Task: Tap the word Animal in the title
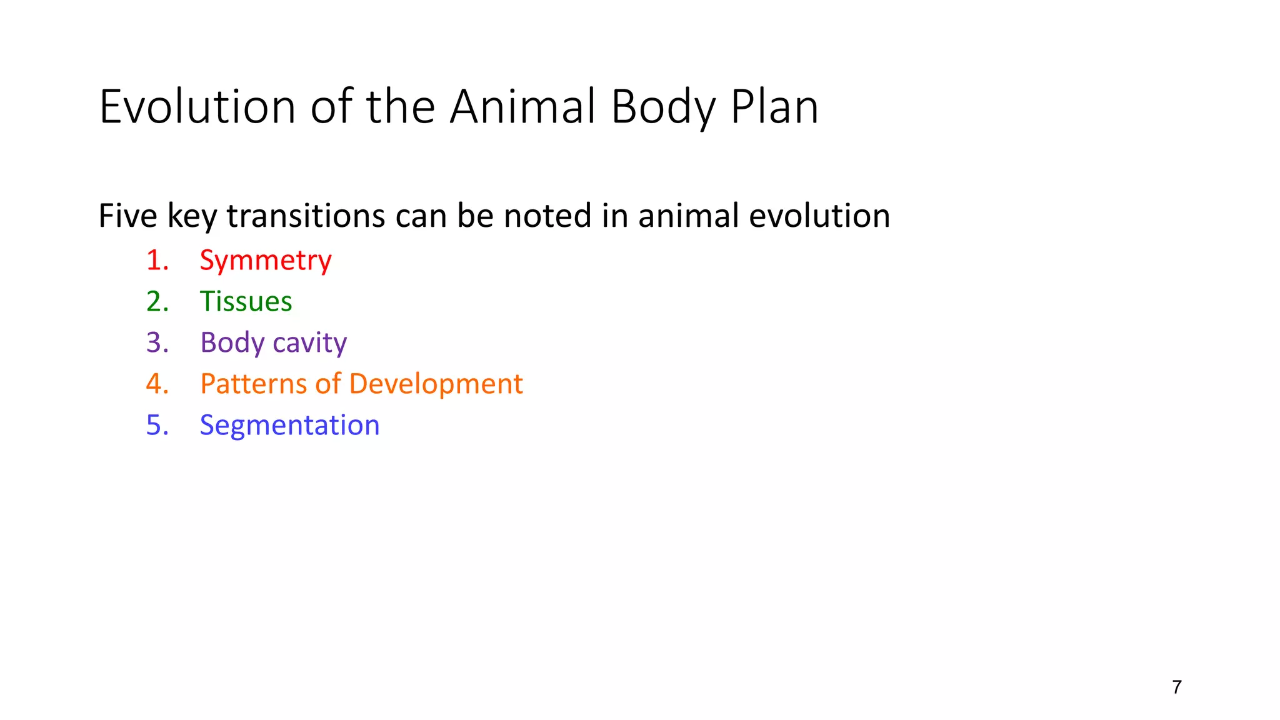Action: (x=524, y=107)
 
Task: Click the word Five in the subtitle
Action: (x=127, y=216)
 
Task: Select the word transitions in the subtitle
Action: (x=306, y=216)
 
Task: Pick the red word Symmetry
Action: (x=266, y=261)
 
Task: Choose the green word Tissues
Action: (x=246, y=301)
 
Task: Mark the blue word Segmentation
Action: (x=289, y=426)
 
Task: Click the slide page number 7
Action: (x=1177, y=687)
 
